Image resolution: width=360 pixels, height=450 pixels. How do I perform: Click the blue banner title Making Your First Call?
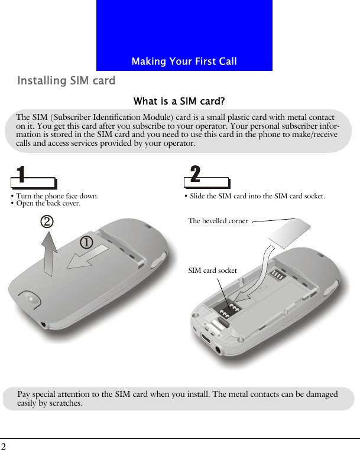tap(184, 61)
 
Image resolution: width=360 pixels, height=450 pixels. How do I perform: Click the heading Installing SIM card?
tap(66, 80)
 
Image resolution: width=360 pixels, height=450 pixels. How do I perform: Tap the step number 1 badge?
tap(21, 175)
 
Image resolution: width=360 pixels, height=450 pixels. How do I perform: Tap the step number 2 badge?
tap(195, 174)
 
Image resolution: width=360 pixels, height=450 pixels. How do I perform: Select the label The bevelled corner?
tap(218, 221)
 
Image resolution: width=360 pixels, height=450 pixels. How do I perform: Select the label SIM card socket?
tap(212, 270)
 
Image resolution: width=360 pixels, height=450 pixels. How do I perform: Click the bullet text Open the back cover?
tap(47, 203)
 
